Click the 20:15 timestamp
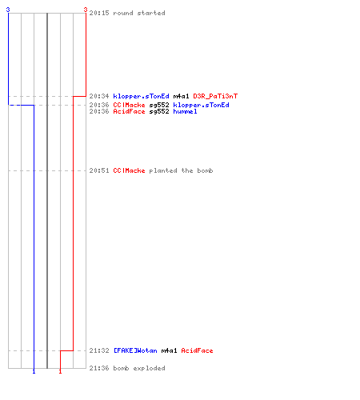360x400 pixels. point(99,13)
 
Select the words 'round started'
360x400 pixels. point(139,13)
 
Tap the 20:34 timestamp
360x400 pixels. point(99,96)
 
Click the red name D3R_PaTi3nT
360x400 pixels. point(215,96)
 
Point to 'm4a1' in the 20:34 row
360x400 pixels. point(181,96)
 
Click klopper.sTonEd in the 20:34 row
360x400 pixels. point(141,96)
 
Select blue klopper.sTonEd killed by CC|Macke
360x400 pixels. point(201,105)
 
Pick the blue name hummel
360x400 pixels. point(185,111)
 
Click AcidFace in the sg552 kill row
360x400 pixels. point(129,111)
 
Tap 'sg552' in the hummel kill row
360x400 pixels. point(159,111)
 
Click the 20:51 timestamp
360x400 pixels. point(99,170)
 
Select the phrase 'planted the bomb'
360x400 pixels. point(181,170)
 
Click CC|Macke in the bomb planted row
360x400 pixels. point(129,170)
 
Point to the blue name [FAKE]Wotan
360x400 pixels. point(135,350)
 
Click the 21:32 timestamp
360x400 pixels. point(99,350)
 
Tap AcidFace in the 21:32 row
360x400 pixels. point(197,350)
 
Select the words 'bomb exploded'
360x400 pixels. point(139,368)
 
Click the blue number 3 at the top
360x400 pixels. point(8,10)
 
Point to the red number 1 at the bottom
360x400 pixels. point(60,371)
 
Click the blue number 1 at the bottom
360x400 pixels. point(34,371)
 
